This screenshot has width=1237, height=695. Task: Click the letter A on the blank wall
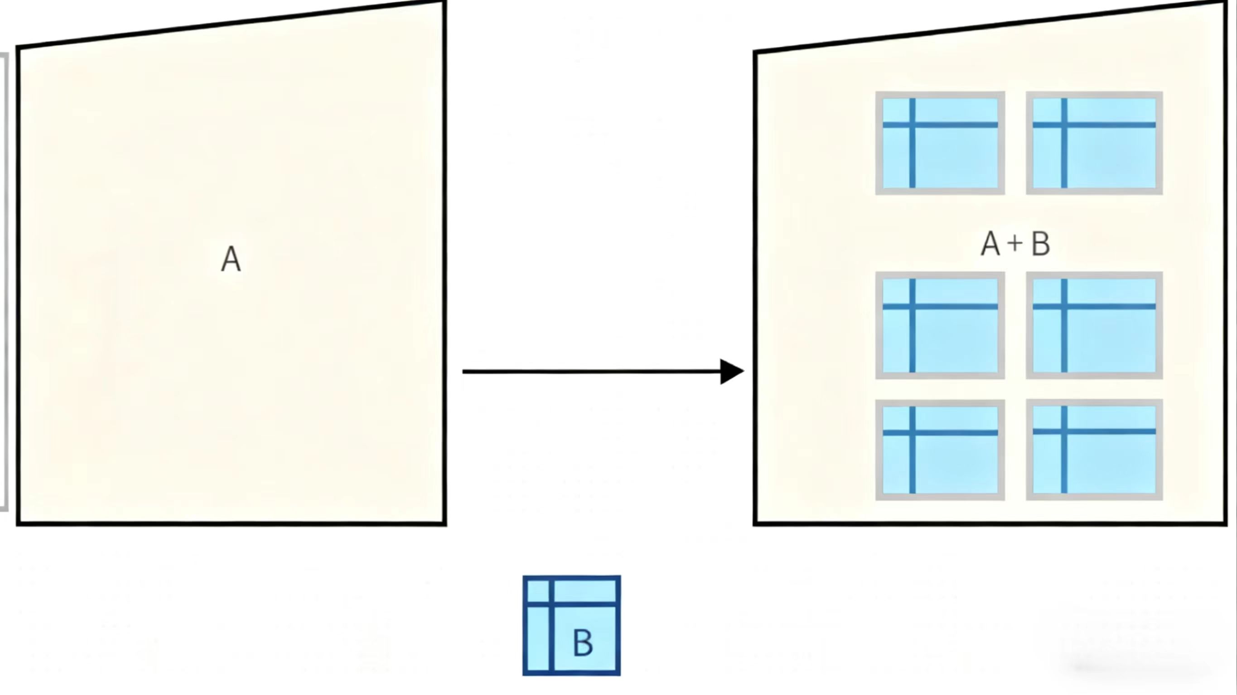click(231, 260)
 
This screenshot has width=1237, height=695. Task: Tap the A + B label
click(1015, 244)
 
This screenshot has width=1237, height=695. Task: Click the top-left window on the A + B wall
click(940, 143)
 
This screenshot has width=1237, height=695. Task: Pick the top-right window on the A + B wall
click(1094, 143)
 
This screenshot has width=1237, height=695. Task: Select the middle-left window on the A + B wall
click(940, 326)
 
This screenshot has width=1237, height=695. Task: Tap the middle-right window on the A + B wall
click(1094, 326)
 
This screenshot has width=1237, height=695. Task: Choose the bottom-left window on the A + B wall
click(940, 450)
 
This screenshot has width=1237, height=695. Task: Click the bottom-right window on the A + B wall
click(1094, 450)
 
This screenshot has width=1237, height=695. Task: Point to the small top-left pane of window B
click(538, 591)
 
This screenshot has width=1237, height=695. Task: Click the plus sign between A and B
click(1015, 244)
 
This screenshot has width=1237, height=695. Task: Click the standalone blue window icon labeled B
click(571, 625)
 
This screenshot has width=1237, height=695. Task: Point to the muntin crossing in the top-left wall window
click(913, 125)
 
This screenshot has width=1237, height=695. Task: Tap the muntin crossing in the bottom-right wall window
click(1064, 431)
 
